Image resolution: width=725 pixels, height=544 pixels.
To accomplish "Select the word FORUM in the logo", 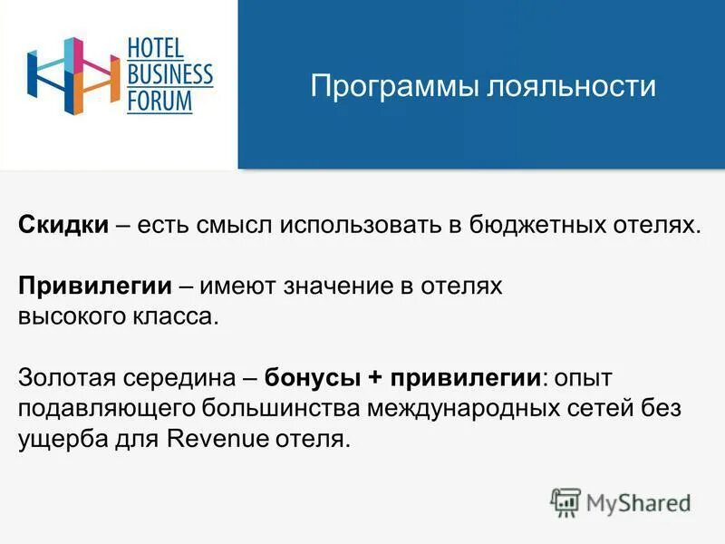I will [x=159, y=100].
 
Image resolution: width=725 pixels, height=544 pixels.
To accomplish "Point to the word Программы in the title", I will [x=391, y=87].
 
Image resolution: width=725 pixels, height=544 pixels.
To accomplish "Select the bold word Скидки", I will [x=63, y=224].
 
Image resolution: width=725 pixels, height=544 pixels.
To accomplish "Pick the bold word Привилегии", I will [x=95, y=286].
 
